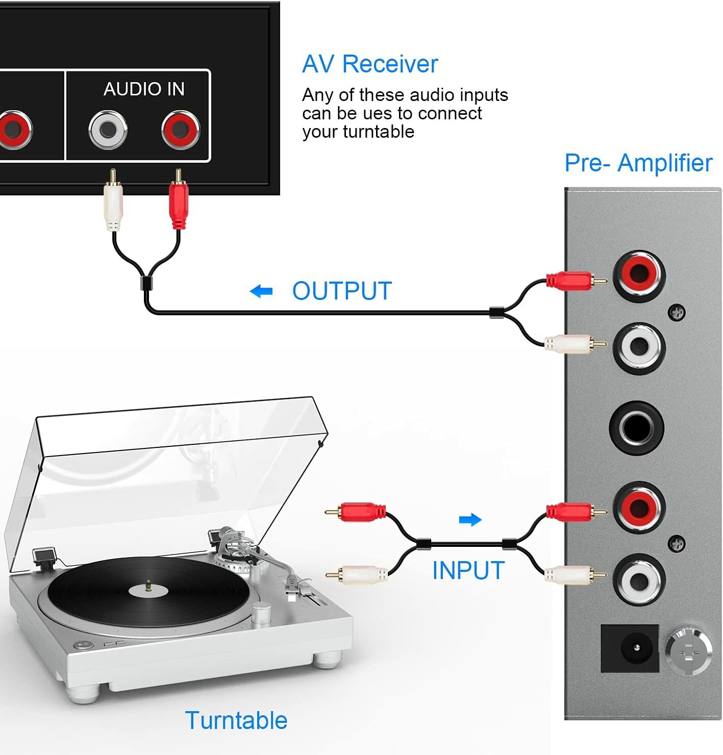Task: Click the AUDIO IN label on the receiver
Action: click(x=144, y=89)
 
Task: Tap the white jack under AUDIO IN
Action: click(x=108, y=130)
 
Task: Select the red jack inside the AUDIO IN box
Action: click(x=180, y=130)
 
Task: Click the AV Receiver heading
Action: click(x=370, y=64)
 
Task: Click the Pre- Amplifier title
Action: click(x=638, y=163)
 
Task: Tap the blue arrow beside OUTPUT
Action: click(x=261, y=291)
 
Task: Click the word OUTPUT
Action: click(x=342, y=291)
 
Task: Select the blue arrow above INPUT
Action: click(x=470, y=520)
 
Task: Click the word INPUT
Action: click(x=468, y=570)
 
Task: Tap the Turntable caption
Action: click(x=236, y=720)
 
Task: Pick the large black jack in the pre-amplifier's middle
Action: click(x=637, y=427)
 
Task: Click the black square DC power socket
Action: click(x=630, y=648)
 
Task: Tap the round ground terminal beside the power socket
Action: click(x=688, y=650)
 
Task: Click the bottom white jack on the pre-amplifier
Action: click(x=639, y=579)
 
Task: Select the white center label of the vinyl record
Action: click(x=148, y=590)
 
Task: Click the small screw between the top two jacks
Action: click(x=677, y=312)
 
